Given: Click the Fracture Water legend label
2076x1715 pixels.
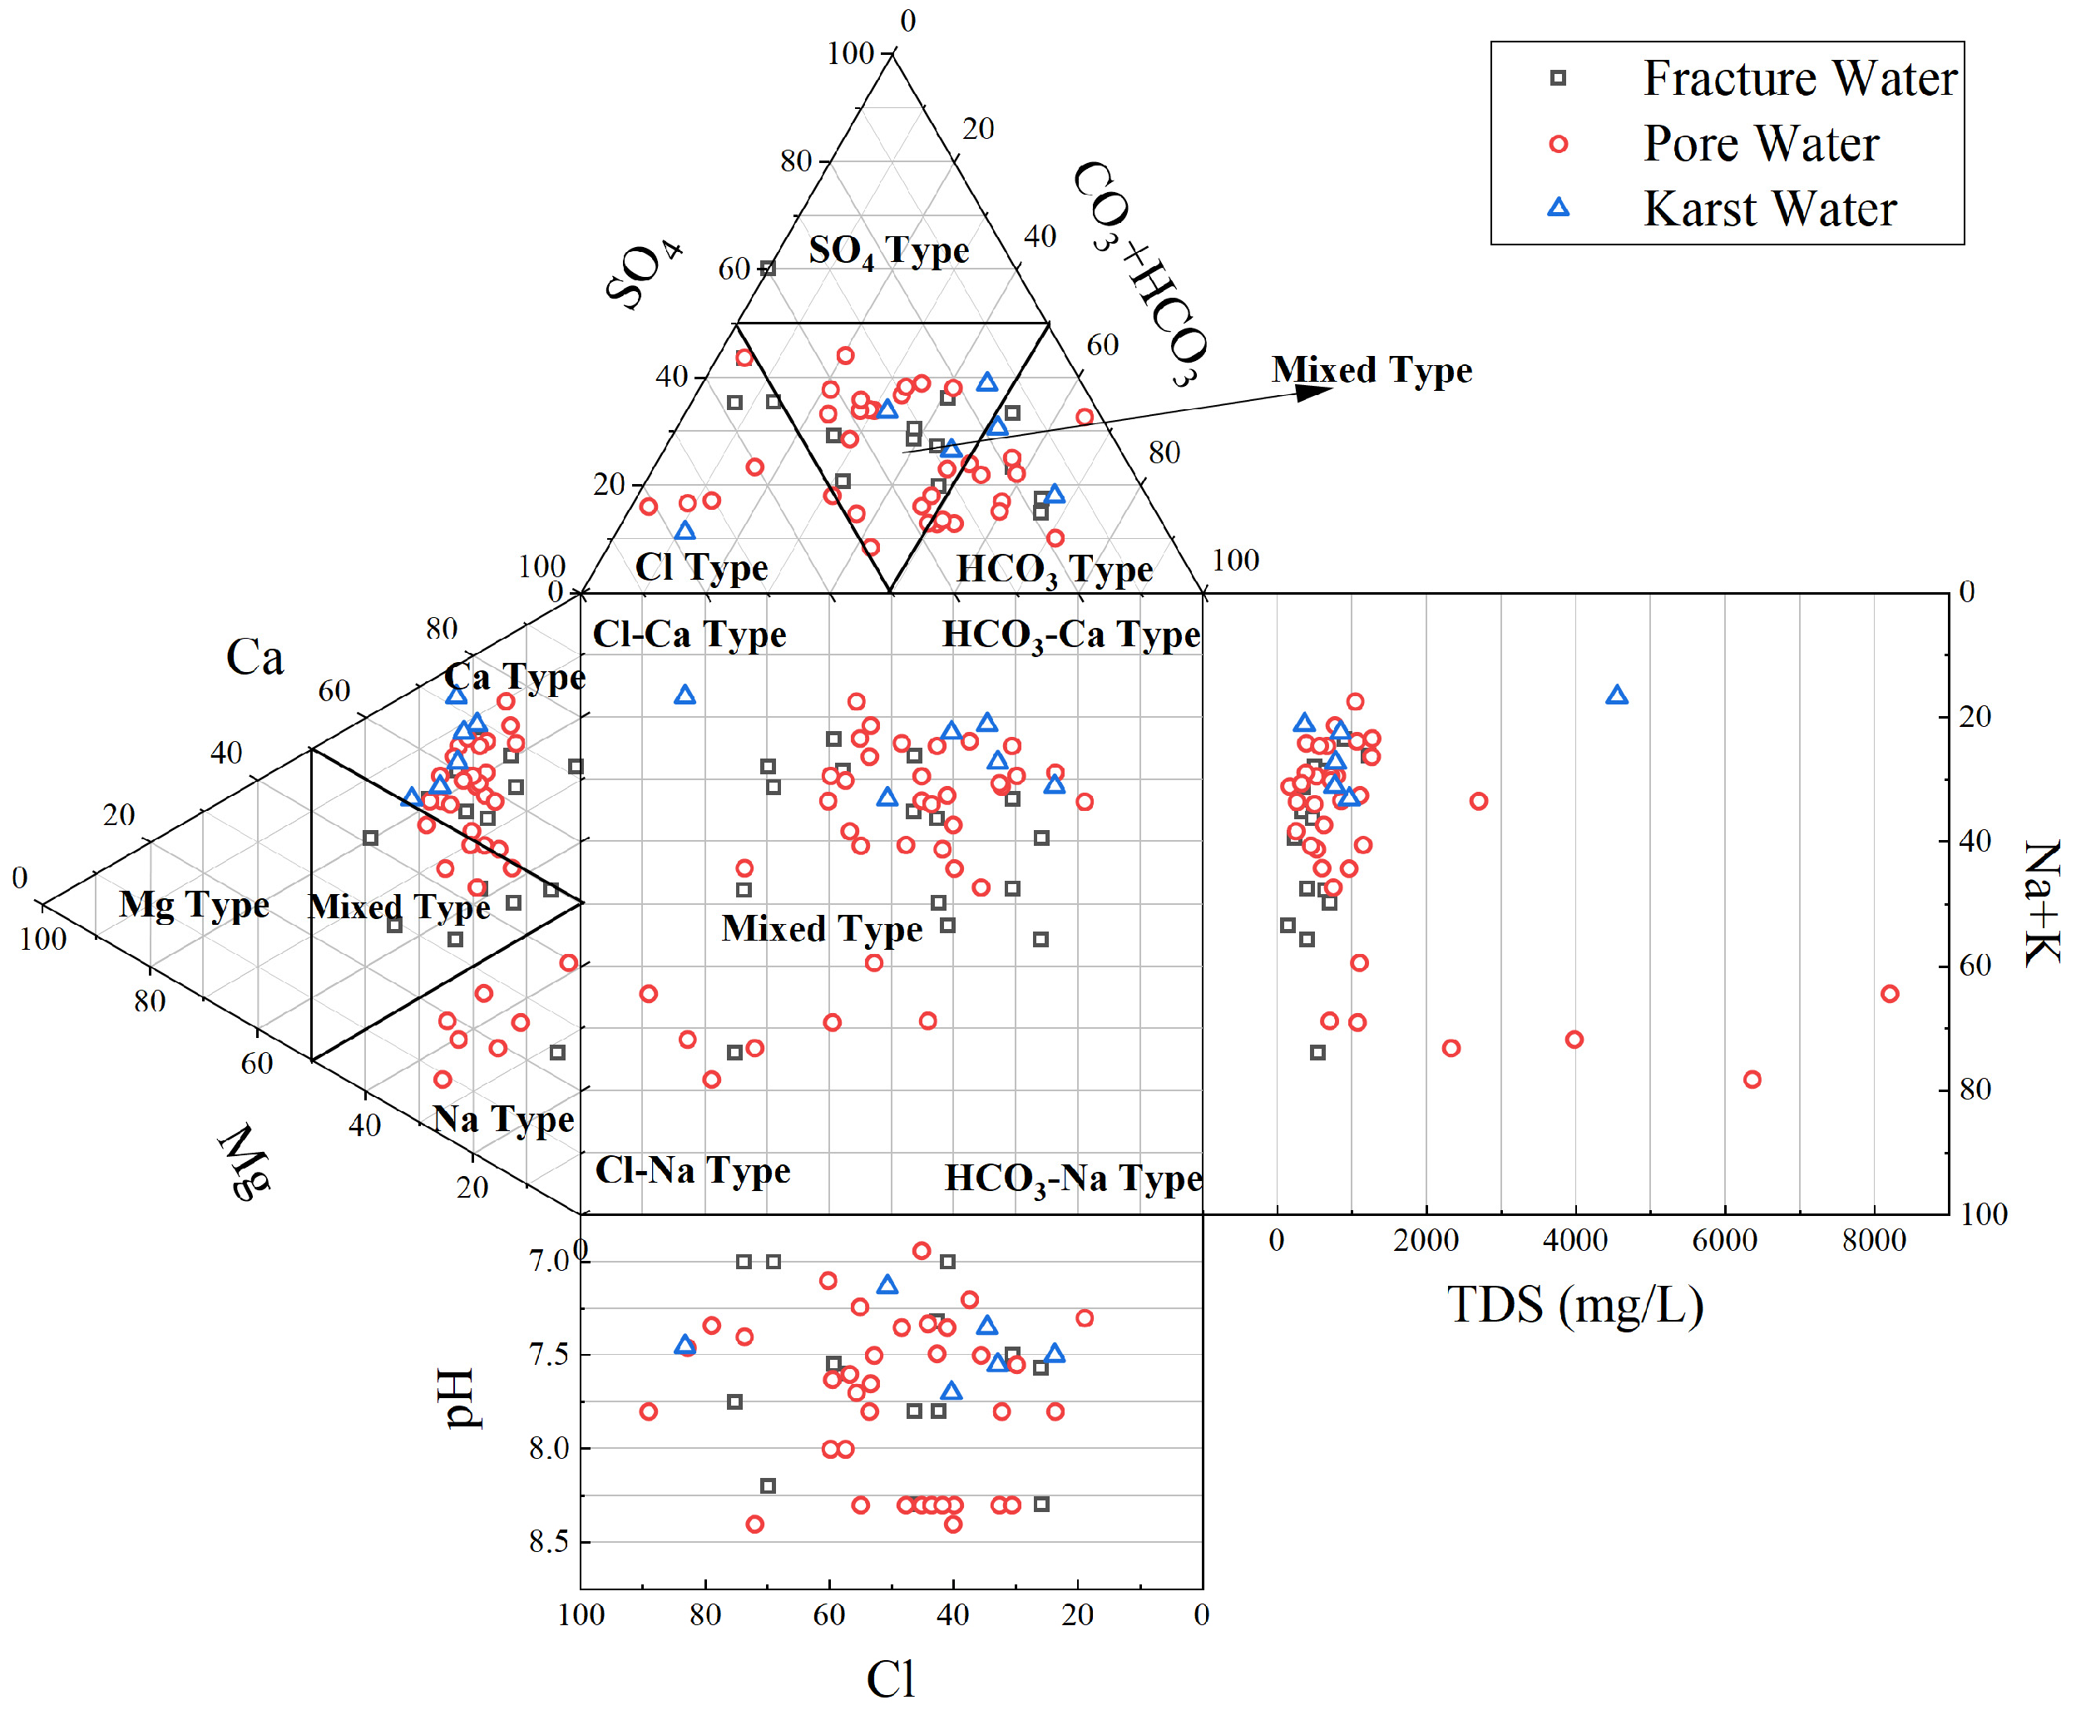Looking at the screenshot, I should point(1798,78).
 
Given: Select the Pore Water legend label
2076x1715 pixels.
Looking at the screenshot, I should point(1760,144).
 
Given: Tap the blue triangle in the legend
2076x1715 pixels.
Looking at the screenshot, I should point(1557,207).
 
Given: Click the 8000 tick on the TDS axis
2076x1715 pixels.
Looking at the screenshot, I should point(1872,1241).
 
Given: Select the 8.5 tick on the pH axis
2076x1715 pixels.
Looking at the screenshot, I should point(550,1542).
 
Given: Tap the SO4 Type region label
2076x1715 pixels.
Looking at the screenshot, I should point(887,251).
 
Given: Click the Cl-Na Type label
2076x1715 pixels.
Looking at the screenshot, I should point(692,1171).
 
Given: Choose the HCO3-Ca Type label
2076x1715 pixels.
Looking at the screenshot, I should point(1070,635).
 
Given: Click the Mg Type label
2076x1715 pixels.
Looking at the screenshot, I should point(194,904).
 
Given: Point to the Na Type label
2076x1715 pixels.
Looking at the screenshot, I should point(503,1119).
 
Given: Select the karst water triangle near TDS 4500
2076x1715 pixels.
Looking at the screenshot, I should point(1615,695).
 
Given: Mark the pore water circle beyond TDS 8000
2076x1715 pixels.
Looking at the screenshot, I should point(1889,994).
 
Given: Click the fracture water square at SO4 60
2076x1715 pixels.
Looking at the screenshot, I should point(768,268).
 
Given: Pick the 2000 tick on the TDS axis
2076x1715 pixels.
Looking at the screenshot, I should point(1425,1241).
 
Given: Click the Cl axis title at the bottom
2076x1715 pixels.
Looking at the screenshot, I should point(890,1678).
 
